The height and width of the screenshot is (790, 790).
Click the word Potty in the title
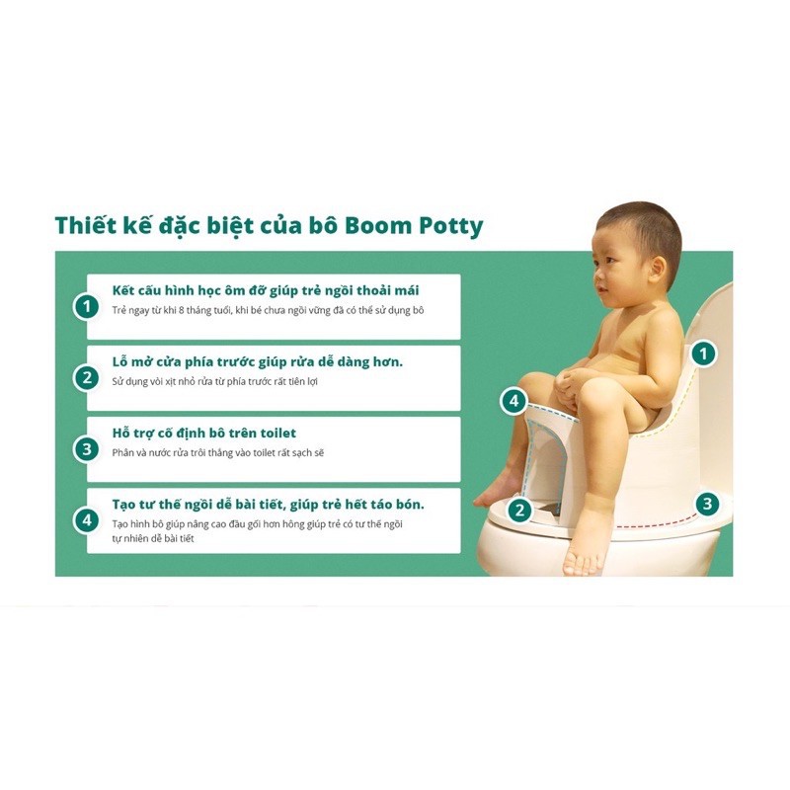point(451,226)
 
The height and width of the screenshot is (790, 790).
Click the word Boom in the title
point(378,225)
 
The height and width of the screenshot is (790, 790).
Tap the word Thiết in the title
point(84,225)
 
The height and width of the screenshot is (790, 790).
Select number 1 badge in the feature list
point(87,306)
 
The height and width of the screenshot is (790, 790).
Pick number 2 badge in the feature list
point(87,377)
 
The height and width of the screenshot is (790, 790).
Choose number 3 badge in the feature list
point(87,449)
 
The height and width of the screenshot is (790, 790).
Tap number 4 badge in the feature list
point(87,520)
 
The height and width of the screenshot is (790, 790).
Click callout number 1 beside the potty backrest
point(703,354)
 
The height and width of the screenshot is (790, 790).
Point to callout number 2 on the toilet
point(519,510)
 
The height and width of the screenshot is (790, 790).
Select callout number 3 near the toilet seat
point(707,504)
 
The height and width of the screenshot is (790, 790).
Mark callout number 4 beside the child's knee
point(513,401)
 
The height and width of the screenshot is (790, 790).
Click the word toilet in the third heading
point(278,433)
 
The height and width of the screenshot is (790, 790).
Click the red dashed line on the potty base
point(656,524)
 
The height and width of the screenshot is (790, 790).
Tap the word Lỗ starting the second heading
point(118,361)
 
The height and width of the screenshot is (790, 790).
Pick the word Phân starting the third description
point(122,452)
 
